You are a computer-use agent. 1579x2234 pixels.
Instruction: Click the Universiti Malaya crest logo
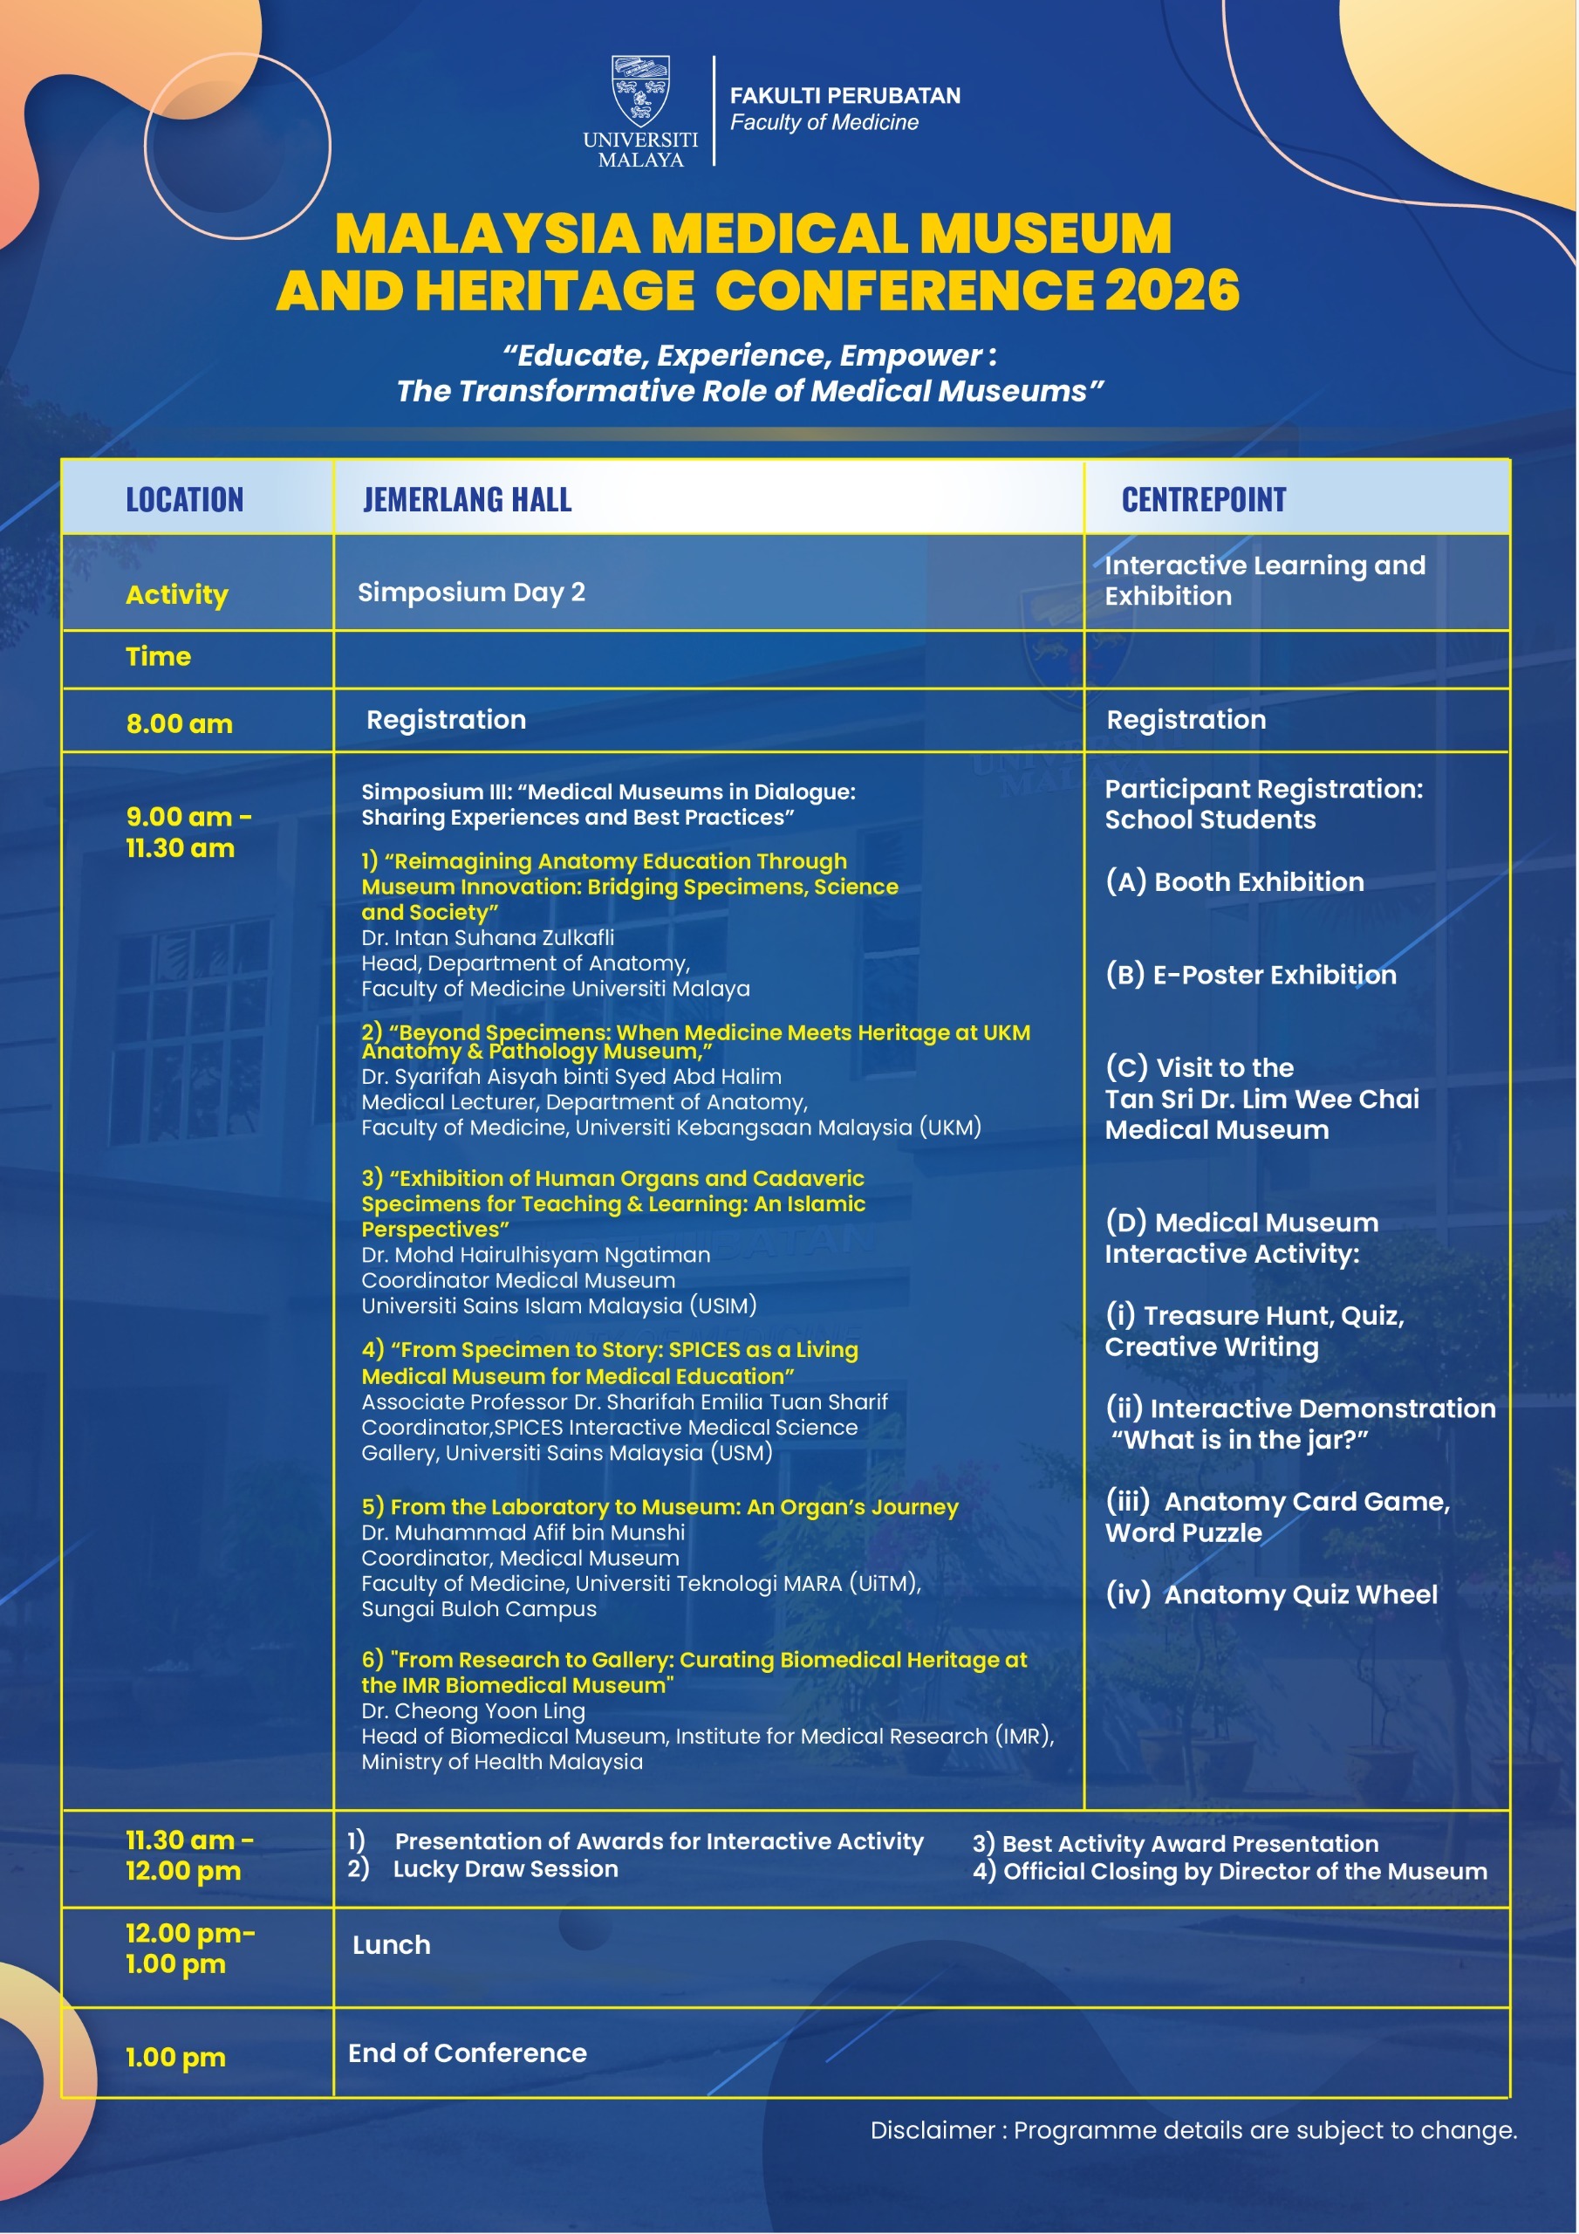(640, 92)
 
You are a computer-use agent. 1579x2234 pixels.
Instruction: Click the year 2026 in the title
(1172, 291)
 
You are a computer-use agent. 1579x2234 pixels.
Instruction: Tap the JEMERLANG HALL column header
(467, 500)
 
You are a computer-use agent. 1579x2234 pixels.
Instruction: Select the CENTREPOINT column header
(1204, 500)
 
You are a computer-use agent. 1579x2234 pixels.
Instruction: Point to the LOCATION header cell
(185, 500)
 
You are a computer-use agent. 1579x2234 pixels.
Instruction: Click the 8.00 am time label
(180, 724)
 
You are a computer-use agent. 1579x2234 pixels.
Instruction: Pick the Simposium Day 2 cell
(471, 593)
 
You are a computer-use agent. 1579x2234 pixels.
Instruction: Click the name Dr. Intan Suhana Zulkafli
(488, 938)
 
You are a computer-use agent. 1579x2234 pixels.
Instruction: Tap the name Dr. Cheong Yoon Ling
(473, 1710)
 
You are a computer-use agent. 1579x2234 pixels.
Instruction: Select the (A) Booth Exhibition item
(1234, 882)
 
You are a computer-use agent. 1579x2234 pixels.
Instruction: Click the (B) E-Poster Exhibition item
(1250, 975)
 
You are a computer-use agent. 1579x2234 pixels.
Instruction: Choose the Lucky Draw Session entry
(505, 1869)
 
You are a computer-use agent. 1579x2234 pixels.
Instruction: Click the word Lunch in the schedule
(391, 1945)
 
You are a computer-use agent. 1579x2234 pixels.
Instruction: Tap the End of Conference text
(467, 2053)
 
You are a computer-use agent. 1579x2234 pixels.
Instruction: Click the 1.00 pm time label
(176, 2058)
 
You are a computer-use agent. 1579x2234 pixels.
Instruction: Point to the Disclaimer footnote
(1193, 2130)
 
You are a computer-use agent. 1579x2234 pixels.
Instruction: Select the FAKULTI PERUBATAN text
(844, 95)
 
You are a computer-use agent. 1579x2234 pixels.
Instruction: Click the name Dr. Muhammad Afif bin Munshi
(523, 1532)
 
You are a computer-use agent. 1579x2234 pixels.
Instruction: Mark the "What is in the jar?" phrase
(1241, 1440)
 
